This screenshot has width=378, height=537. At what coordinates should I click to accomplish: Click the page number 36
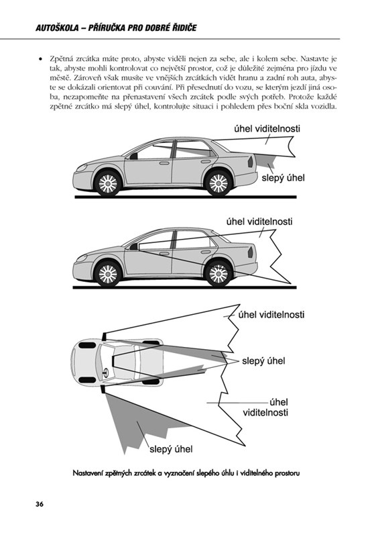(40, 504)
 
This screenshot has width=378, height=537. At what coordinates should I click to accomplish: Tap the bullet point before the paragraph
(41, 59)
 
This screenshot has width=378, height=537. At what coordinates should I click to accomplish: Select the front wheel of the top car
(108, 183)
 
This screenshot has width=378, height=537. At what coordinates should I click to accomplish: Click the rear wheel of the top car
(218, 183)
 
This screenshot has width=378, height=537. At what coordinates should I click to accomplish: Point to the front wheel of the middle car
(108, 274)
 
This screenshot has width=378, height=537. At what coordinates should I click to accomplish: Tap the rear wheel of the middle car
(218, 274)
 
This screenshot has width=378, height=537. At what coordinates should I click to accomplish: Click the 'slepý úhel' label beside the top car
(283, 178)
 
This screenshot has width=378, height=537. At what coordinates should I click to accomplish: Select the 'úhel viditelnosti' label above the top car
(267, 129)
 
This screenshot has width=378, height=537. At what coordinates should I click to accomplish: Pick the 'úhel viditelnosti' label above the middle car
(259, 222)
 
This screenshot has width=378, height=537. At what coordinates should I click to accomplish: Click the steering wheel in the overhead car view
(105, 373)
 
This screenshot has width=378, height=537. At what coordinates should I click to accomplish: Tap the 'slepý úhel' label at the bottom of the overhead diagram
(171, 449)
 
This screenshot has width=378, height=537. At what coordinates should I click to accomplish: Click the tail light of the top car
(251, 161)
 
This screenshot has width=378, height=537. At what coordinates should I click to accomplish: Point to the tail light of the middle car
(251, 252)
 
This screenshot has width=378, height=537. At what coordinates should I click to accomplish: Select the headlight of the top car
(82, 167)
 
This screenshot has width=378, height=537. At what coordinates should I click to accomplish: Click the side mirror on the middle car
(133, 246)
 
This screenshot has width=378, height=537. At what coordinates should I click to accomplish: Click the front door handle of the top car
(164, 163)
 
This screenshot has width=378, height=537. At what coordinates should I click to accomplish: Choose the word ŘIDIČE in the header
(184, 28)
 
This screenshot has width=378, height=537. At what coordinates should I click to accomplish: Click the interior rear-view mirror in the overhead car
(113, 361)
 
